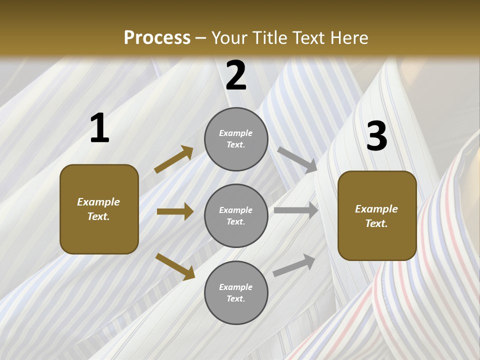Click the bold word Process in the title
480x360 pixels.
coord(157,38)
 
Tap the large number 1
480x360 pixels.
coord(99,128)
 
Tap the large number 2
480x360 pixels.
coord(236,75)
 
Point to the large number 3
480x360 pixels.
coord(376,136)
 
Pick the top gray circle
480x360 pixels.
coord(236,139)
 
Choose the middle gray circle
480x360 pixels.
coord(236,216)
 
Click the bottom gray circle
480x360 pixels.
coord(236,293)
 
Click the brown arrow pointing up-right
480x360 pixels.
coord(174,159)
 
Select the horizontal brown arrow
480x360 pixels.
coord(175,211)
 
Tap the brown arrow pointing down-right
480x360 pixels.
coord(175,266)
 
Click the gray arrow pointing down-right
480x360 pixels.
coord(297,160)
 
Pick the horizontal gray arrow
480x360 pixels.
coord(296,210)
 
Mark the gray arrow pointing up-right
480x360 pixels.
coord(294,265)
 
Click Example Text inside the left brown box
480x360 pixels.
coord(99,209)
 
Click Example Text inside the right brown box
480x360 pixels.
coord(377,216)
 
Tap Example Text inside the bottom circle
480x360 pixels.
coord(236,293)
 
